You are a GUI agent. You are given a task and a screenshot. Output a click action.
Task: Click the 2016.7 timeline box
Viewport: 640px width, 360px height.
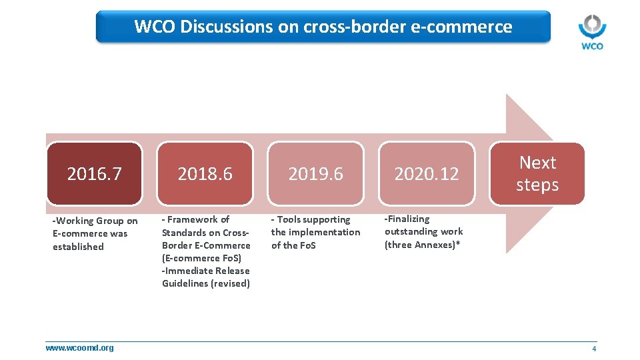pos(94,174)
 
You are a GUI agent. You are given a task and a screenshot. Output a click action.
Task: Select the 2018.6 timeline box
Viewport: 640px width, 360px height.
pos(205,174)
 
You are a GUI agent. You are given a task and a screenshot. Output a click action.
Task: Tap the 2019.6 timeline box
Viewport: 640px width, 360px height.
pos(315,174)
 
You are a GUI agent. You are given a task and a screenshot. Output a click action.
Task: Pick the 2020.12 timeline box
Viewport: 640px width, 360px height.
pos(427,174)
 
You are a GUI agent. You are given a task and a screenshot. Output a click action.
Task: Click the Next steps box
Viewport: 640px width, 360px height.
pos(537,173)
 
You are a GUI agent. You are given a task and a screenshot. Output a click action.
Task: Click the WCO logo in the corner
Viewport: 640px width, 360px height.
pos(591,32)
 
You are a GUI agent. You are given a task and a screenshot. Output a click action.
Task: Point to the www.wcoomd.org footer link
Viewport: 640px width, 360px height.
pos(79,347)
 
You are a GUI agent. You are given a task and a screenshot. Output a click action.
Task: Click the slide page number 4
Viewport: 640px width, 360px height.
pos(594,349)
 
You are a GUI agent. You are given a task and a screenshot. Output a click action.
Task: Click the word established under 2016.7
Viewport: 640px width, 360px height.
pos(78,247)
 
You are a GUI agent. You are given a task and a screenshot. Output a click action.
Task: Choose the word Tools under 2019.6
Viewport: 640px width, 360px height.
pos(289,219)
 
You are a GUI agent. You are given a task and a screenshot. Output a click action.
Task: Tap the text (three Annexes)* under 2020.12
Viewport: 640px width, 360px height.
pos(422,244)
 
